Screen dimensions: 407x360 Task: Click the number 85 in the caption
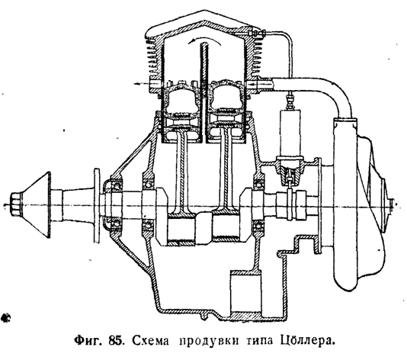pyautogui.click(x=114, y=341)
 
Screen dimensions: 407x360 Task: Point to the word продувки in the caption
pyautogui.click(x=209, y=341)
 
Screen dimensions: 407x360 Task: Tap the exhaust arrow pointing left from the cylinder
pyautogui.click(x=143, y=84)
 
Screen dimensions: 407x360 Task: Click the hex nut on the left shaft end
pyautogui.click(x=16, y=204)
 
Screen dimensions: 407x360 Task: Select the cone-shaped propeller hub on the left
pyautogui.click(x=37, y=204)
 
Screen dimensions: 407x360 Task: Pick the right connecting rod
pyautogui.click(x=225, y=177)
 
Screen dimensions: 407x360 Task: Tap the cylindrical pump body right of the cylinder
pyautogui.click(x=290, y=133)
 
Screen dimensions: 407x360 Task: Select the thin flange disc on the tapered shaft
pyautogui.click(x=97, y=206)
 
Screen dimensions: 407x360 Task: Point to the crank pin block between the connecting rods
pyautogui.click(x=203, y=228)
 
